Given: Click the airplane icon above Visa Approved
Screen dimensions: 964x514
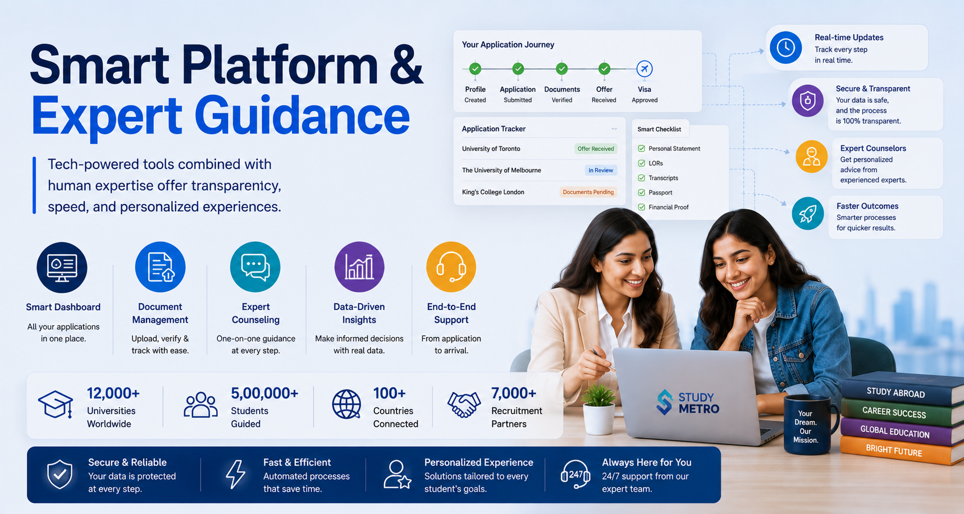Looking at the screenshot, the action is coord(645,69).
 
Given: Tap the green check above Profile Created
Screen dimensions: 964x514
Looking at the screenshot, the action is coord(475,68).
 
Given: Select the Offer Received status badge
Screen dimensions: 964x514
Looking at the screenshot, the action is coord(596,149).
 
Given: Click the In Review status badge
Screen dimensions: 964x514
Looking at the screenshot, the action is coord(600,170).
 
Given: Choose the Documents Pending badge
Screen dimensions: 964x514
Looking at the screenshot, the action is coord(588,192).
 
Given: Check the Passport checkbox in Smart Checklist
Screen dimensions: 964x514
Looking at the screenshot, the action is coord(641,192).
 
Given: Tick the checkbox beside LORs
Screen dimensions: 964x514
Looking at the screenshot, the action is coord(641,163).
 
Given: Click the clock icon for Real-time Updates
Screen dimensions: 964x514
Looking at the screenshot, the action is coord(785,48).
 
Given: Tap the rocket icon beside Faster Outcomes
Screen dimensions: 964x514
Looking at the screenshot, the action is coord(807,214).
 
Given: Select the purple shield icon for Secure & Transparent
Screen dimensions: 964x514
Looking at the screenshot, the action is coord(807,101).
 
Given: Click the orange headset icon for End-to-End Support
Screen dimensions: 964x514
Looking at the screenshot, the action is coord(451,267).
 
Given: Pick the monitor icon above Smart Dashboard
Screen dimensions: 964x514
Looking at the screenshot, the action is coord(62,267).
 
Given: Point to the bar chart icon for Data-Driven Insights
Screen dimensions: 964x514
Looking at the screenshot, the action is coord(359,267).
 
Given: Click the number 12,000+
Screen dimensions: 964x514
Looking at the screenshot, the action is coord(113,393).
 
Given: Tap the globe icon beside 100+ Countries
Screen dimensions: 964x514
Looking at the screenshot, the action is coord(346,405).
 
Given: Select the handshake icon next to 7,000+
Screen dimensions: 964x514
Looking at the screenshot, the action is coord(464,405).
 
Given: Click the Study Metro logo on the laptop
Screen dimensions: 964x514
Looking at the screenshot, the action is coord(688,402).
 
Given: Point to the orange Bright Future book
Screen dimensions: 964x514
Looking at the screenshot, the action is coord(901,451).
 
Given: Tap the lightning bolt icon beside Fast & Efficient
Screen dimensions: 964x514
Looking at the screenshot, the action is coord(235,475).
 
